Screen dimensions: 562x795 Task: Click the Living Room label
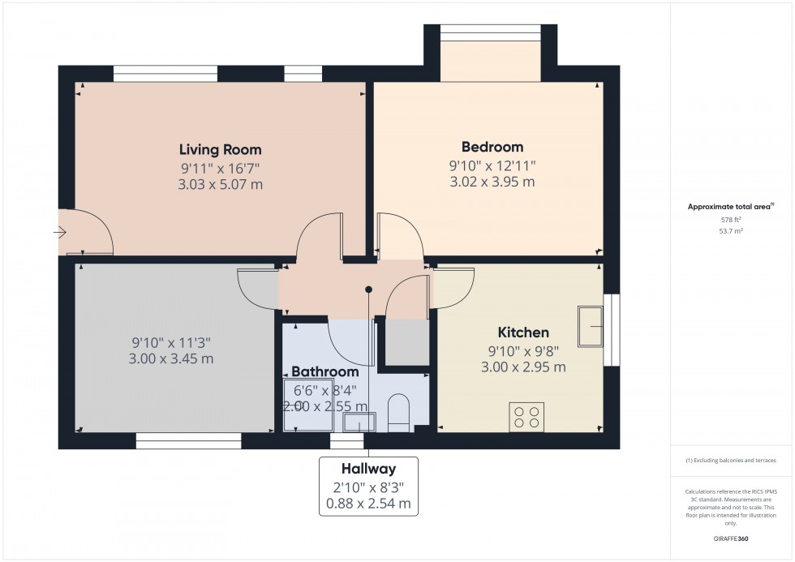pos(220,150)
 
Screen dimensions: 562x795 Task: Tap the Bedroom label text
pos(492,148)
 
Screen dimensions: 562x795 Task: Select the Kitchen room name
pos(522,332)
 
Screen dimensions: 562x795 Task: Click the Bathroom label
pos(324,371)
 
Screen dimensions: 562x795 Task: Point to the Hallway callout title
pos(368,469)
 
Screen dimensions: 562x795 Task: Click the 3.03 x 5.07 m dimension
pos(220,185)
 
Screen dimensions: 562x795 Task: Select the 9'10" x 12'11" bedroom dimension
pos(492,165)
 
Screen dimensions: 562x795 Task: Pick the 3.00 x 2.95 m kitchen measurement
pos(522,367)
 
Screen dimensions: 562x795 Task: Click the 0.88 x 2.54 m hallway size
pos(368,504)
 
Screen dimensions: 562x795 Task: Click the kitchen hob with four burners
pos(525,416)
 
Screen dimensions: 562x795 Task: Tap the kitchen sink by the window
pos(591,327)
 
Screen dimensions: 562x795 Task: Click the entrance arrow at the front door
pos(61,233)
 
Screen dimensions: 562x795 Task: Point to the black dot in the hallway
pos(368,289)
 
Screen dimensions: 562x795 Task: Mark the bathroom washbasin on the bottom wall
pos(359,422)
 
